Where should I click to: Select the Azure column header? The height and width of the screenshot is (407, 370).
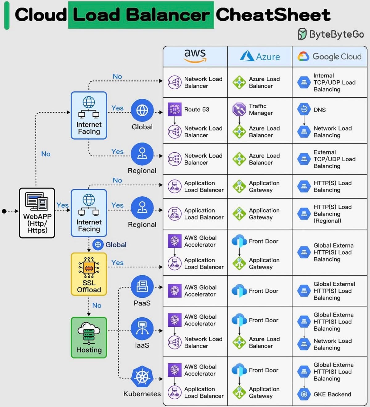tap(260, 56)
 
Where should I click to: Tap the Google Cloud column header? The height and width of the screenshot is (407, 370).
tap(329, 56)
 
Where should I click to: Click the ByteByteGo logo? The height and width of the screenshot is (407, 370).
tap(331, 34)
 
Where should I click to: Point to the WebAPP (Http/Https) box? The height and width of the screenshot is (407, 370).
tap(37, 213)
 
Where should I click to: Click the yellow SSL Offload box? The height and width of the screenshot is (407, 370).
tap(89, 274)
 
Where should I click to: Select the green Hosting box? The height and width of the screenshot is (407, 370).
tap(89, 337)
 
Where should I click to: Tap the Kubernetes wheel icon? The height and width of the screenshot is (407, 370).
tap(142, 377)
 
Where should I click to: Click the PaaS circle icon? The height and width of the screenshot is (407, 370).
tap(142, 287)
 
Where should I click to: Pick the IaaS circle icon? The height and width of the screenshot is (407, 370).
tap(142, 329)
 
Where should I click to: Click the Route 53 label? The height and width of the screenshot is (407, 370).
tap(196, 110)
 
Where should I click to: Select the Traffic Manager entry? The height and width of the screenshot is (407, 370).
tap(261, 110)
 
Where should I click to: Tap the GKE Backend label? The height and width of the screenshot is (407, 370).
tap(332, 394)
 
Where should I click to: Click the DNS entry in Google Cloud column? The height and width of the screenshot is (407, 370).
tap(319, 110)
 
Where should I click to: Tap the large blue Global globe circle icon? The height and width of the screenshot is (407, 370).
tap(142, 110)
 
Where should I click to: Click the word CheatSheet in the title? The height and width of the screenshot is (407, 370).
tap(273, 15)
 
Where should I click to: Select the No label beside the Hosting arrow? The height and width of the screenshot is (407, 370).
tap(97, 305)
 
